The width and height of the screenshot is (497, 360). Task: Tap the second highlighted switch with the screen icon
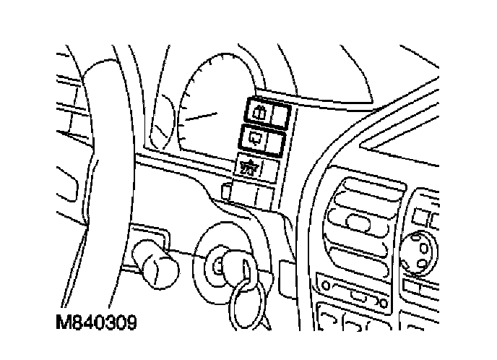pos(257,137)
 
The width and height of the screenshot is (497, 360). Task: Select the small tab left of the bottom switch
pos(226,192)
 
